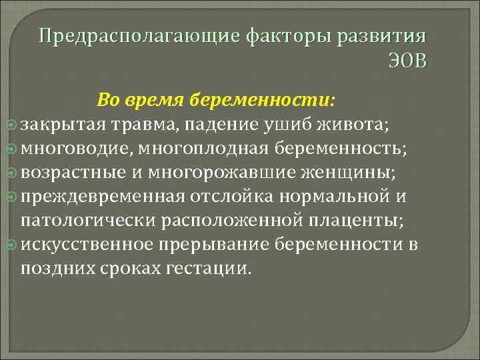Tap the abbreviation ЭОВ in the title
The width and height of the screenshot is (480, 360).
(x=408, y=62)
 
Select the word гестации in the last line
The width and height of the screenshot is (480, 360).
(x=213, y=268)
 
